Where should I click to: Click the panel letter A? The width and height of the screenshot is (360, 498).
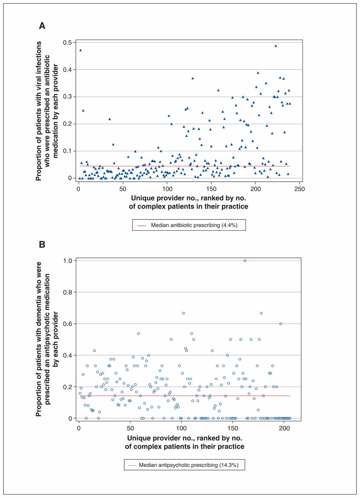coord(42,26)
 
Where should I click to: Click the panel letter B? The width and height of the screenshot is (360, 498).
coord(42,245)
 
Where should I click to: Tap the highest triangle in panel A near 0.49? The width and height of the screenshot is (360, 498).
coord(276,46)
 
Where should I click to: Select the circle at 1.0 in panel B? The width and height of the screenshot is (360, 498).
coord(245,261)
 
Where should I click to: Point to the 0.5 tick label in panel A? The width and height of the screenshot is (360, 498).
coord(68,42)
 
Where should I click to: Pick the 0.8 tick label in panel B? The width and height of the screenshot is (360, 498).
coord(68,292)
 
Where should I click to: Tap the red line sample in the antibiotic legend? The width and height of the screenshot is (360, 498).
coord(142,225)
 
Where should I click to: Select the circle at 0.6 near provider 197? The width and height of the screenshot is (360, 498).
coord(281,324)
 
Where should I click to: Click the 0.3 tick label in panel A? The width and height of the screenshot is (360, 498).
coord(68,97)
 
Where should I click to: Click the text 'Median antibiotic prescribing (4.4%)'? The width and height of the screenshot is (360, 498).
coord(194,225)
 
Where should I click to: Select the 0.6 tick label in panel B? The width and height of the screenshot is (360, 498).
coord(68,324)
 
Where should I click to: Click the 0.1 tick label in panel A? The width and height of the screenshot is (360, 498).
coord(68,151)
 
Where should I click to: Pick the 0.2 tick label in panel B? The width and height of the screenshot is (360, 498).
coord(68,387)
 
